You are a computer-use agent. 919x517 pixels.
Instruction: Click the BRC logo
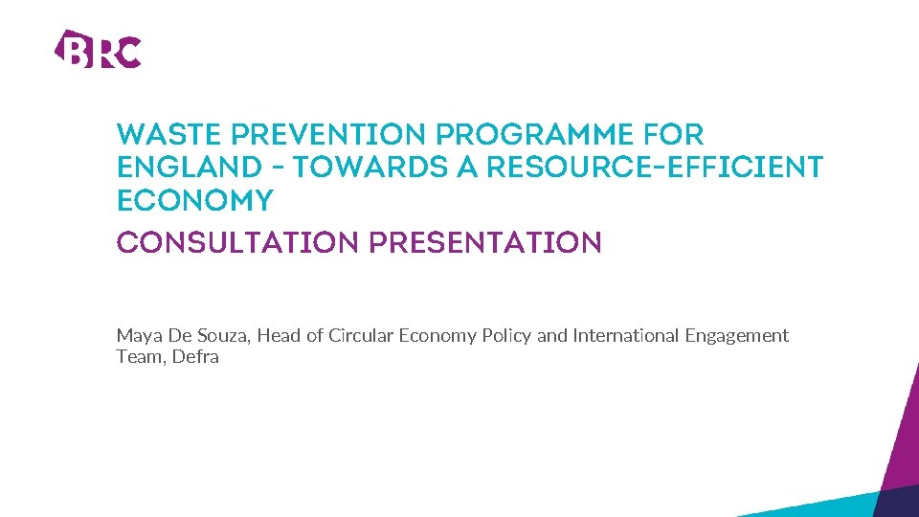[x=98, y=49]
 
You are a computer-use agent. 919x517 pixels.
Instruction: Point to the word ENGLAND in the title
[x=177, y=169]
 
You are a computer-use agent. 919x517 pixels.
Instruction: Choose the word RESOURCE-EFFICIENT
[x=655, y=169]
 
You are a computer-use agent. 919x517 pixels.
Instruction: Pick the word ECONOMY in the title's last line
[x=194, y=201]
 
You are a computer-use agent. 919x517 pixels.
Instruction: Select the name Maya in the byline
[x=135, y=336]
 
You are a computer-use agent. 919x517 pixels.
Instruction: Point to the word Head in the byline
[x=279, y=336]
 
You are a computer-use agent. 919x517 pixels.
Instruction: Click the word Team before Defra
[x=139, y=357]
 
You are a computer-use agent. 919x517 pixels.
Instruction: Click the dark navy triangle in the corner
[x=901, y=503]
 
